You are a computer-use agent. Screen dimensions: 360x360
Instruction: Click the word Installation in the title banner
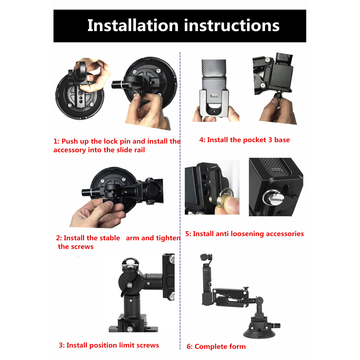tap(133, 25)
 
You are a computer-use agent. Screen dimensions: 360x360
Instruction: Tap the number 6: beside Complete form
tap(189, 346)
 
